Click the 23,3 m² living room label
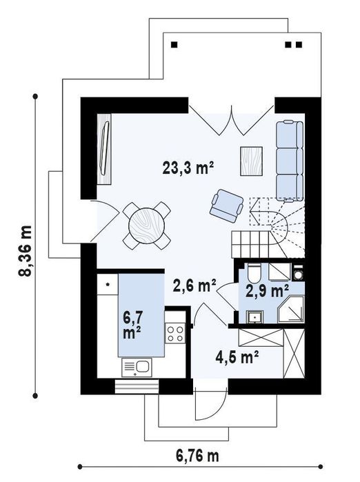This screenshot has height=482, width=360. [x=188, y=168]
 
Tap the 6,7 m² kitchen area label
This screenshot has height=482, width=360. [x=132, y=325]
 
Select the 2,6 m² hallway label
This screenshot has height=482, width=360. [x=194, y=285]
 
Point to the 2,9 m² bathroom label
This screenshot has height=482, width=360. [x=267, y=291]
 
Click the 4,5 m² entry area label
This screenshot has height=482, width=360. [x=237, y=357]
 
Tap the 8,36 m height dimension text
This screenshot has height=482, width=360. [x=25, y=251]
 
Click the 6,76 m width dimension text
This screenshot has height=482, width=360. [x=197, y=456]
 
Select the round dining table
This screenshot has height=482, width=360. [x=147, y=225]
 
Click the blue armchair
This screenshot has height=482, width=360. [x=227, y=205]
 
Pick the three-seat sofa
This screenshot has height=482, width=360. [x=289, y=161]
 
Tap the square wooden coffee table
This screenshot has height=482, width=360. [x=252, y=161]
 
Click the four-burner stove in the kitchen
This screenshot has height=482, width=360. [x=175, y=334]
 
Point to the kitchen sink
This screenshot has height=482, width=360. [x=137, y=368]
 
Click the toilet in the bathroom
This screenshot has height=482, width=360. [x=254, y=272]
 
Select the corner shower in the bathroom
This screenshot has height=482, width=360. [x=290, y=309]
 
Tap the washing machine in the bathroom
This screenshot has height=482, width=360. [x=298, y=272]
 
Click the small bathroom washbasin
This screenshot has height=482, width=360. [x=255, y=317]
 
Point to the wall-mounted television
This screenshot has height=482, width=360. [x=103, y=148]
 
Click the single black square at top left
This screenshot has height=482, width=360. [x=174, y=45]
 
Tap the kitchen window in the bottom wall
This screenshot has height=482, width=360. [x=137, y=387]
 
